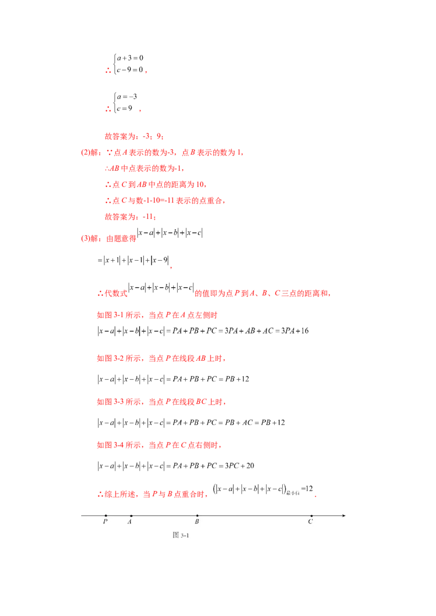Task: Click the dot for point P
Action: [x=106, y=515]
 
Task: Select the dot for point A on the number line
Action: [x=131, y=515]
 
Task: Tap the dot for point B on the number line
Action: [x=197, y=515]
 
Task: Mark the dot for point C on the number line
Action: [x=311, y=515]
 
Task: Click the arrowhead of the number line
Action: [x=343, y=515]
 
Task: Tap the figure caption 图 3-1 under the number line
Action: [x=180, y=535]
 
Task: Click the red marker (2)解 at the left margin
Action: [x=87, y=153]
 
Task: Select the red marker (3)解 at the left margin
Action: [x=87, y=238]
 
